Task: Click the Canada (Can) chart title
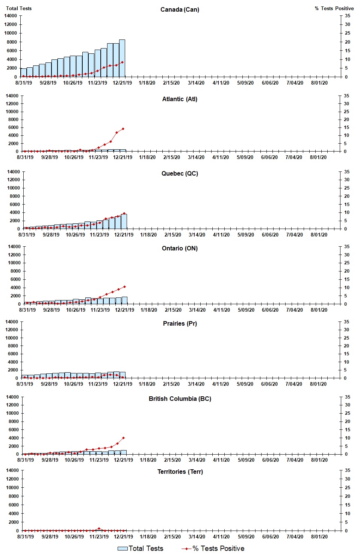pyautogui.click(x=180, y=9)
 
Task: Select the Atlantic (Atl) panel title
pyautogui.click(x=180, y=99)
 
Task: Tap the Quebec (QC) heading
pyautogui.click(x=180, y=173)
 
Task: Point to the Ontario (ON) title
pyautogui.click(x=180, y=248)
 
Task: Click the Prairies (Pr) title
pyautogui.click(x=180, y=323)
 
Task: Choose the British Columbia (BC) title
pyautogui.click(x=180, y=399)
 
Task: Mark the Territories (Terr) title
pyautogui.click(x=180, y=472)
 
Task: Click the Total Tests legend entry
pyautogui.click(x=141, y=549)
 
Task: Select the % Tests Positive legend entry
pyautogui.click(x=213, y=549)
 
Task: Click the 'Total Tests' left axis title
pyautogui.click(x=19, y=8)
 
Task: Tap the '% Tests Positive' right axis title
pyautogui.click(x=334, y=8)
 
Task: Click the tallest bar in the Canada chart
pyautogui.click(x=122, y=58)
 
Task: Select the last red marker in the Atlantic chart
pyautogui.click(x=123, y=129)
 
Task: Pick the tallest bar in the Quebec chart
pyautogui.click(x=124, y=221)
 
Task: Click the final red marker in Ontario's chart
pyautogui.click(x=124, y=287)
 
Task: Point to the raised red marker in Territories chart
pyautogui.click(x=99, y=528)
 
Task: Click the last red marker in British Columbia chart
pyautogui.click(x=123, y=438)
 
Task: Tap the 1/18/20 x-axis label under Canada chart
pyautogui.click(x=147, y=83)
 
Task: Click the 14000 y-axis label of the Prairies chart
pyautogui.click(x=12, y=321)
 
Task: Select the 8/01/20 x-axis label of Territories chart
pyautogui.click(x=319, y=537)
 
